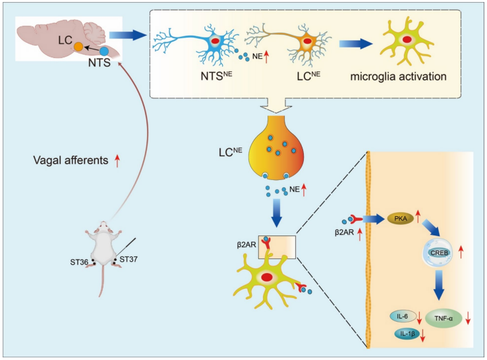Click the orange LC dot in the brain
pos(78,47)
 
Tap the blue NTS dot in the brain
pos(103,50)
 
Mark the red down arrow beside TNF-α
pos(467,318)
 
